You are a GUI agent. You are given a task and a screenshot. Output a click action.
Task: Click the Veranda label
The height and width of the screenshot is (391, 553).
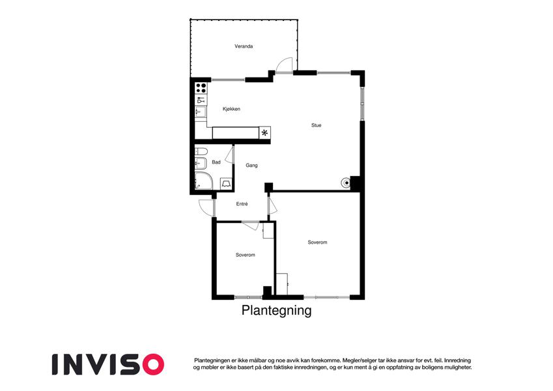tap(244, 46)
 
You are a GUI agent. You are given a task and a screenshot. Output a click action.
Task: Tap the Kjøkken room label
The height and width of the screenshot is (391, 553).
tap(231, 109)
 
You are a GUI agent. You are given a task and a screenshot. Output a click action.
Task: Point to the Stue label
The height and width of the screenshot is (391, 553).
tap(317, 125)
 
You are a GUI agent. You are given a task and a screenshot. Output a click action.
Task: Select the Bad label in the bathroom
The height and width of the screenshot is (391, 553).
tap(216, 162)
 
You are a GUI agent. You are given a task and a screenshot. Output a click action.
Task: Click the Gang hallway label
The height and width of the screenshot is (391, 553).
tap(251, 165)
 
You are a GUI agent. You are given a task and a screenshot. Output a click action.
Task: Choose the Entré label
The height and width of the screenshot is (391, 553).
tap(242, 204)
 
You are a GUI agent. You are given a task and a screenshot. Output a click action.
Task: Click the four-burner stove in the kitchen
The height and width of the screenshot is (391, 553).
tap(201, 88)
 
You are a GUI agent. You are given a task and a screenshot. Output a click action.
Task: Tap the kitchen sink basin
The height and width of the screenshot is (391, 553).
tap(201, 112)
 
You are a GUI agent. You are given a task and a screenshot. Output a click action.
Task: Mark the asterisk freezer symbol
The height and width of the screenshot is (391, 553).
tap(264, 133)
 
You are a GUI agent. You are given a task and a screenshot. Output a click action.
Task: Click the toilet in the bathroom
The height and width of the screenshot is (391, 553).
tap(201, 151)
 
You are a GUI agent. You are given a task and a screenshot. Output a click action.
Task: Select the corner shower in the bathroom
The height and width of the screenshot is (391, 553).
tap(203, 181)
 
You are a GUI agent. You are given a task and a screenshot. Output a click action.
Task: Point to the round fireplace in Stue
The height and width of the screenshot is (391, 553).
tap(346, 182)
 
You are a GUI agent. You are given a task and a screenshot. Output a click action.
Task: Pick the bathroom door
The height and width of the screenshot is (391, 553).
tap(229, 154)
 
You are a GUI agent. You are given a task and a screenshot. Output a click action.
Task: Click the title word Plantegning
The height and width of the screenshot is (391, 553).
tap(276, 311)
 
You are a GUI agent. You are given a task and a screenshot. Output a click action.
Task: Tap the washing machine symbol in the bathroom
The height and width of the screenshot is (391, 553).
tap(226, 184)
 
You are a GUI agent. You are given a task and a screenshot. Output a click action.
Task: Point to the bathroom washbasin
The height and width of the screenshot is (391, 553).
tap(201, 164)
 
